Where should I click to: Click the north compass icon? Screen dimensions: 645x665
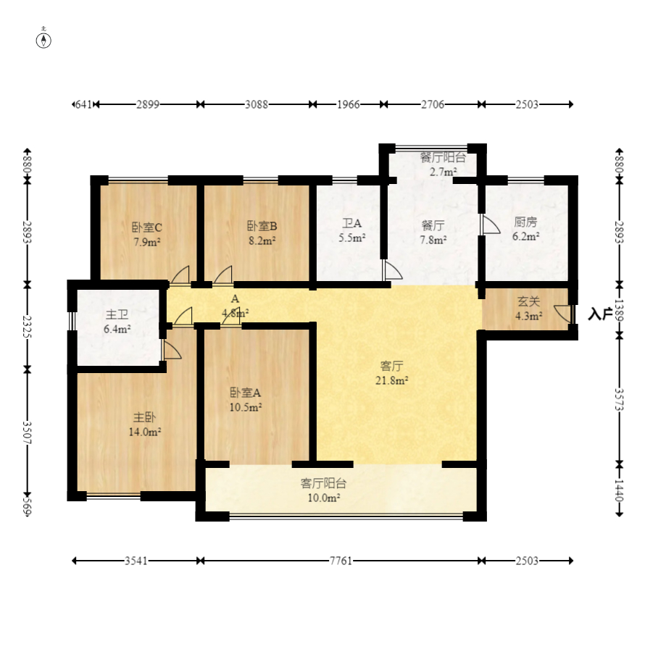[43, 39]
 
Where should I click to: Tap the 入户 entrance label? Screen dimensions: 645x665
[600, 314]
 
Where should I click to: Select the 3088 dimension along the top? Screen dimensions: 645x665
[257, 104]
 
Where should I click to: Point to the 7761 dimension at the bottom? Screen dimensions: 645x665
[341, 561]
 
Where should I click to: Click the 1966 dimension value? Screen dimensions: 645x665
[349, 104]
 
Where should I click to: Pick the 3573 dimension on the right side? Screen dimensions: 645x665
[619, 400]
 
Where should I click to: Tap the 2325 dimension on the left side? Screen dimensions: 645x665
[27, 326]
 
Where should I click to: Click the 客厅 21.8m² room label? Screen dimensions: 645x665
[391, 373]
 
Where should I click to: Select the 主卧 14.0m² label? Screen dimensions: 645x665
[145, 424]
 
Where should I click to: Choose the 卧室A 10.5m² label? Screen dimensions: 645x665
[245, 400]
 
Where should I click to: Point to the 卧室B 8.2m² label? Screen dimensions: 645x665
[262, 233]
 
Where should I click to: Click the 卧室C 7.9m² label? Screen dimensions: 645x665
[147, 235]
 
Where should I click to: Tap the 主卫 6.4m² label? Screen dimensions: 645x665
[117, 322]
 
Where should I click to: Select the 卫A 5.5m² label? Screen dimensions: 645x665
[351, 230]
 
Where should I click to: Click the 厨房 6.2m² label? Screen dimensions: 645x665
[525, 229]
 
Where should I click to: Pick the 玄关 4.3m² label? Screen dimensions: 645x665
[529, 309]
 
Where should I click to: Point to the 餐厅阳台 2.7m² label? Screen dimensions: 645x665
[443, 164]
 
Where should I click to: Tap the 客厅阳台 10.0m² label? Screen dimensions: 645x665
[324, 490]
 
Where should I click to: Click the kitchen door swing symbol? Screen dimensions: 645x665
[489, 224]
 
